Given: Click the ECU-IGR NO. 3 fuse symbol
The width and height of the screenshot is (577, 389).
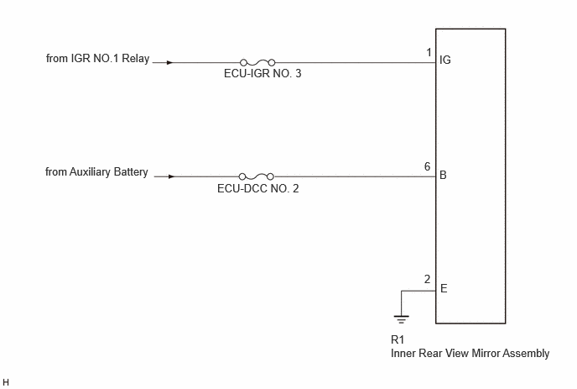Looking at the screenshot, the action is pyautogui.click(x=257, y=63).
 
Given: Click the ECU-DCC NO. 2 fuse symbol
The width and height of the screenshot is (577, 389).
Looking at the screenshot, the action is pyautogui.click(x=257, y=176).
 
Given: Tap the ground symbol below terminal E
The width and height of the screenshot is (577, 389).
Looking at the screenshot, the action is pyautogui.click(x=401, y=319).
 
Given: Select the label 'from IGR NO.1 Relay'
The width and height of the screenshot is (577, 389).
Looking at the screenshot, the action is pyautogui.click(x=97, y=59).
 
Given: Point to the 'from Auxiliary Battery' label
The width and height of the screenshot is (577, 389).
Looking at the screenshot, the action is pyautogui.click(x=96, y=172).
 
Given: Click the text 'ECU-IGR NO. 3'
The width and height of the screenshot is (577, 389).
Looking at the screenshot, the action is pyautogui.click(x=263, y=73).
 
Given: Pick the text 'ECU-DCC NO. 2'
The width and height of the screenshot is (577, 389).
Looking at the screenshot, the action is pyautogui.click(x=258, y=188).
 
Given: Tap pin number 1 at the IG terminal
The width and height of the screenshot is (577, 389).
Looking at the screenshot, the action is pyautogui.click(x=429, y=53).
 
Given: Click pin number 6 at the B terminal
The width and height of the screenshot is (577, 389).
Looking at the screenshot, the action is pyautogui.click(x=427, y=166).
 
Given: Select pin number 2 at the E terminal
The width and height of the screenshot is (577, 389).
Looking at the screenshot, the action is pyautogui.click(x=427, y=279).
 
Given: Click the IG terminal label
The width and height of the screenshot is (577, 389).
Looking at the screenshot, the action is pyautogui.click(x=444, y=60).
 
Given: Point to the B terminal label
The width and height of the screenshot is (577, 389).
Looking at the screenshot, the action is pyautogui.click(x=443, y=175).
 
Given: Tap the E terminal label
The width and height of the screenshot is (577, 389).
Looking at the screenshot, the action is pyautogui.click(x=444, y=288).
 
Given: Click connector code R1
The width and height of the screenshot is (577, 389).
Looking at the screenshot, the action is pyautogui.click(x=398, y=339).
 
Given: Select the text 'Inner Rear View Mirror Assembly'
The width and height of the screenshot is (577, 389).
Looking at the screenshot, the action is pyautogui.click(x=470, y=353).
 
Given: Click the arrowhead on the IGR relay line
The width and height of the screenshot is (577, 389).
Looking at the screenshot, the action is pyautogui.click(x=169, y=63).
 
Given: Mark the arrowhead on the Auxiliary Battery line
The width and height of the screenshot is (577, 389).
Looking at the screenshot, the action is pyautogui.click(x=171, y=176).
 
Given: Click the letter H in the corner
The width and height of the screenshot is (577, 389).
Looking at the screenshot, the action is pyautogui.click(x=6, y=382).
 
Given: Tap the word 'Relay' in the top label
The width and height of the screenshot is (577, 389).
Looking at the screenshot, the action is pyautogui.click(x=135, y=59).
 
